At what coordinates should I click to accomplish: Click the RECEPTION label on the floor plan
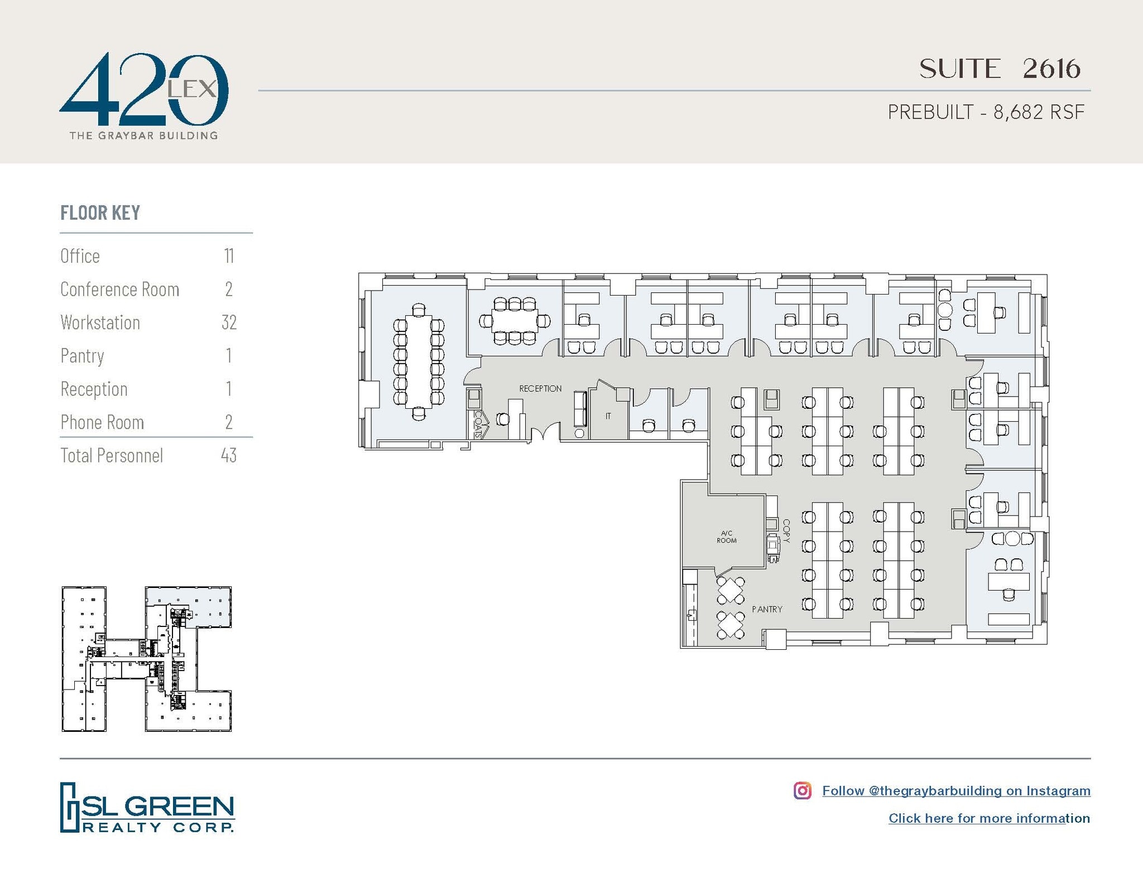tap(540, 389)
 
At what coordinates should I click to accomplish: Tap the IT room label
tap(608, 416)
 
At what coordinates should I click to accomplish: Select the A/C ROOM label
tap(726, 537)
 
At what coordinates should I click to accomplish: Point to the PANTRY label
tap(767, 609)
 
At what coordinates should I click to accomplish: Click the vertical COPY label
tap(786, 531)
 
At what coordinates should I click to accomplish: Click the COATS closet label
tap(478, 423)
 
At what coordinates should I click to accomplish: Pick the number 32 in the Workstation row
tap(229, 322)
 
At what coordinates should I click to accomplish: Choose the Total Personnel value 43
tap(228, 456)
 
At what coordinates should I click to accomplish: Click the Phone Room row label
tap(102, 422)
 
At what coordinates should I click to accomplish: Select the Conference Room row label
tap(119, 289)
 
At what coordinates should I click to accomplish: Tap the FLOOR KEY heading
tap(100, 213)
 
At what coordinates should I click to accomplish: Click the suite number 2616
tap(1051, 69)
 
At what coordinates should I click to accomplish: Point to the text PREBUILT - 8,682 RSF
tap(986, 112)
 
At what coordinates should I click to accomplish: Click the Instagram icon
tap(802, 790)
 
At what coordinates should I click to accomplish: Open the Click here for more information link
tap(989, 818)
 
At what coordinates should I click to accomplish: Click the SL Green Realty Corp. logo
tap(147, 807)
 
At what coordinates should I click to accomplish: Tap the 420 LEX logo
tap(143, 95)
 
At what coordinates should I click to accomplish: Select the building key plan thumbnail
tap(146, 659)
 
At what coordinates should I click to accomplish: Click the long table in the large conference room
tap(419, 361)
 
